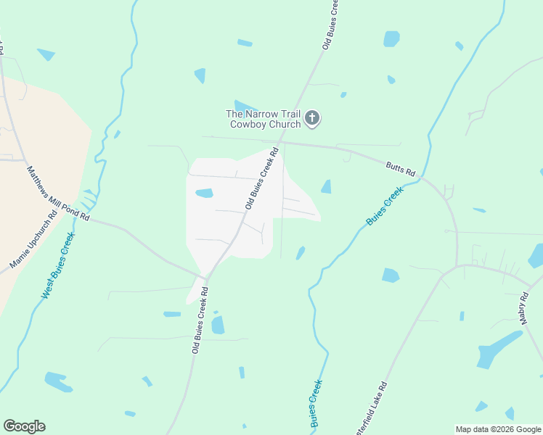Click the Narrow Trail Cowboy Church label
(x=263, y=119)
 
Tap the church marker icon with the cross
(x=312, y=117)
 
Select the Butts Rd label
(x=400, y=167)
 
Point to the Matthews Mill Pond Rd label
(x=58, y=194)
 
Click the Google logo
(x=24, y=426)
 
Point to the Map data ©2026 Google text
(x=497, y=429)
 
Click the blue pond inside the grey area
(x=205, y=194)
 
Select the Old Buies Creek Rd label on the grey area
(x=262, y=180)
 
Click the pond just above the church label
(x=245, y=107)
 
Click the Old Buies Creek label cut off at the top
(x=331, y=25)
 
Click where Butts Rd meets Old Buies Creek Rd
(x=283, y=143)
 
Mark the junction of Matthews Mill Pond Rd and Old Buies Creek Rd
(x=206, y=278)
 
